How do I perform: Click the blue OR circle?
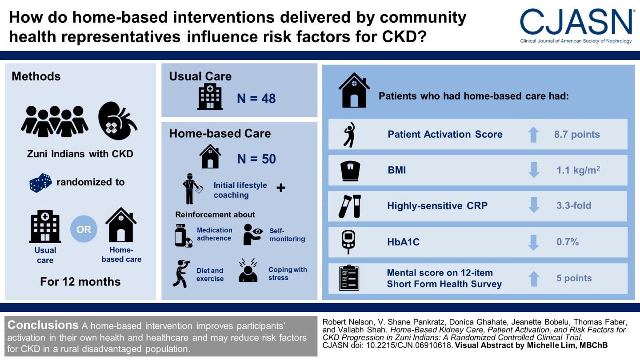pos(84,230)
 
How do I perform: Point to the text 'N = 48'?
pos(256,98)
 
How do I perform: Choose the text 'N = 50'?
pos(256,159)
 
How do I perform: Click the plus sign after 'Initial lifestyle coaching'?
pos(280,188)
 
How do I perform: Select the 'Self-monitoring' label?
pos(287,235)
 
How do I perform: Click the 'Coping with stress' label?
pos(287,273)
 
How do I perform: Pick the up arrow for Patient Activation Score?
pos(534,135)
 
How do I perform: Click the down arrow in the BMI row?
pos(534,170)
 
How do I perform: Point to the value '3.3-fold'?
pos(574,206)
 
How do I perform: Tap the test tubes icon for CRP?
pos(349,206)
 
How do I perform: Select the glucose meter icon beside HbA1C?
pos(349,242)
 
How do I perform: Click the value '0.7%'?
pos(567,242)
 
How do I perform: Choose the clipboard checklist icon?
pos(349,278)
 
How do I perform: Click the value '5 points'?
pos(574,278)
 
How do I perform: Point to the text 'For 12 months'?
pos(80,281)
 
